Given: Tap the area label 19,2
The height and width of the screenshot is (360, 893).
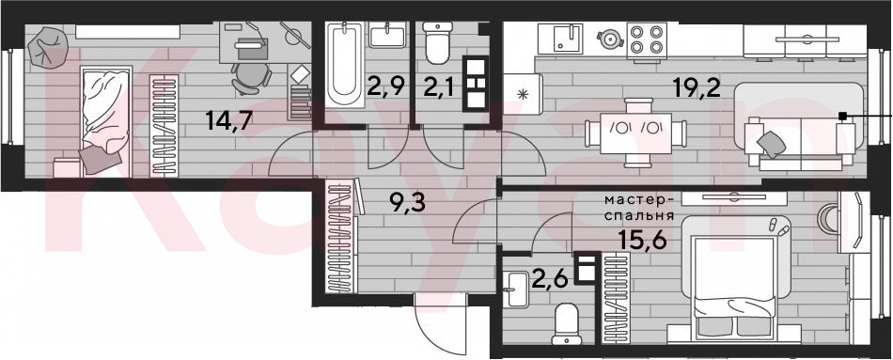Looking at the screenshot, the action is (x=695, y=88).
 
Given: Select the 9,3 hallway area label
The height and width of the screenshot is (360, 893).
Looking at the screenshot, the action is (x=407, y=202).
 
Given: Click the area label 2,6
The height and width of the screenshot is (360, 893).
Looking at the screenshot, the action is (x=551, y=281).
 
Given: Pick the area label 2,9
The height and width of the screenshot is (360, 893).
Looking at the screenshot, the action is (x=386, y=87).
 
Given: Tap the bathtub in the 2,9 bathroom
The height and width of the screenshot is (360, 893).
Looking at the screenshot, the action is (x=345, y=65).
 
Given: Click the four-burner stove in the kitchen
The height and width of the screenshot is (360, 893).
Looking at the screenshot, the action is (x=647, y=39).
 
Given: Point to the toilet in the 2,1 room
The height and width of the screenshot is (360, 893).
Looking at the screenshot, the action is (x=437, y=44).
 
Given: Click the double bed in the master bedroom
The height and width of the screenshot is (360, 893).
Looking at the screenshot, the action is (x=734, y=285).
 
